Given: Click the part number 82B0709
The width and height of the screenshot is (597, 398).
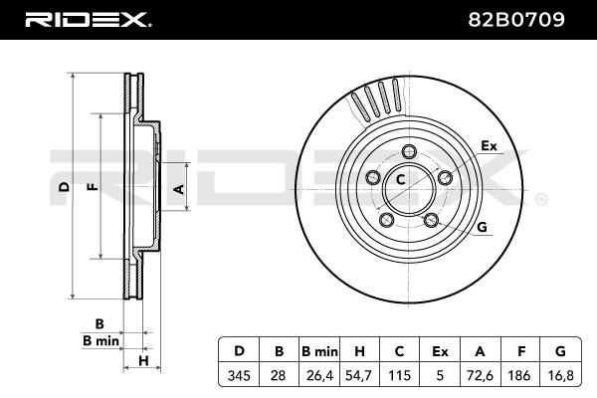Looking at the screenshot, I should (x=532, y=19).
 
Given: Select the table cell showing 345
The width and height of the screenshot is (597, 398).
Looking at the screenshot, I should (x=239, y=374).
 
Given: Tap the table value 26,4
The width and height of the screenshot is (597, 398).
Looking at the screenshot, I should (x=320, y=374).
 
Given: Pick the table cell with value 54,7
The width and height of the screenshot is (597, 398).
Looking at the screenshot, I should (x=361, y=374).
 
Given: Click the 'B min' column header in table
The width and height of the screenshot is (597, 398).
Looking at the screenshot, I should (x=320, y=351).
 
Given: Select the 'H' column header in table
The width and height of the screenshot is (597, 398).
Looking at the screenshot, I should (x=361, y=351).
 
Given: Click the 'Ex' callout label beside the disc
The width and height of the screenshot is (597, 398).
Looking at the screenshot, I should (x=489, y=145).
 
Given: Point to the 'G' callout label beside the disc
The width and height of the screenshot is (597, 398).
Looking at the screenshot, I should (x=483, y=227).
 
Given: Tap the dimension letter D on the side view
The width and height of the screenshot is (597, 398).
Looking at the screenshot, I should (x=63, y=187).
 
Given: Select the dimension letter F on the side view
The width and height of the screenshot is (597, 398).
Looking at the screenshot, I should (x=92, y=187).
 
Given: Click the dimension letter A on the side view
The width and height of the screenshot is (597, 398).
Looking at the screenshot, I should (x=179, y=187).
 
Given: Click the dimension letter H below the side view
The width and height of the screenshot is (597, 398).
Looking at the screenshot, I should (x=143, y=360).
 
